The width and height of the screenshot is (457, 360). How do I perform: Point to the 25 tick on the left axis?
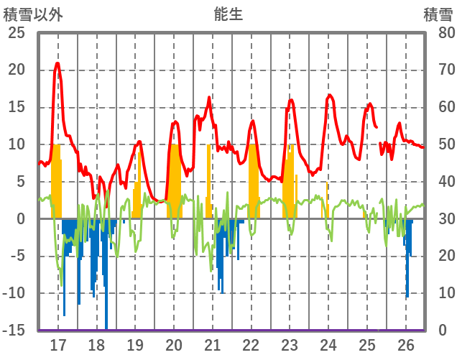pyautogui.click(x=17, y=33)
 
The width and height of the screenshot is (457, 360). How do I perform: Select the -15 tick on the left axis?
pyautogui.click(x=15, y=331)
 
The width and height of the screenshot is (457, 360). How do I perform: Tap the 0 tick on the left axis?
pyautogui.click(x=21, y=219)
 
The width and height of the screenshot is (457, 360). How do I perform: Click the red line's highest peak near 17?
pyautogui.click(x=57, y=63)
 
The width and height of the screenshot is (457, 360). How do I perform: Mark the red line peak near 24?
pyautogui.click(x=329, y=95)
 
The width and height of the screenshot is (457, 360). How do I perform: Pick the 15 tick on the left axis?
pyautogui.click(x=17, y=107)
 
